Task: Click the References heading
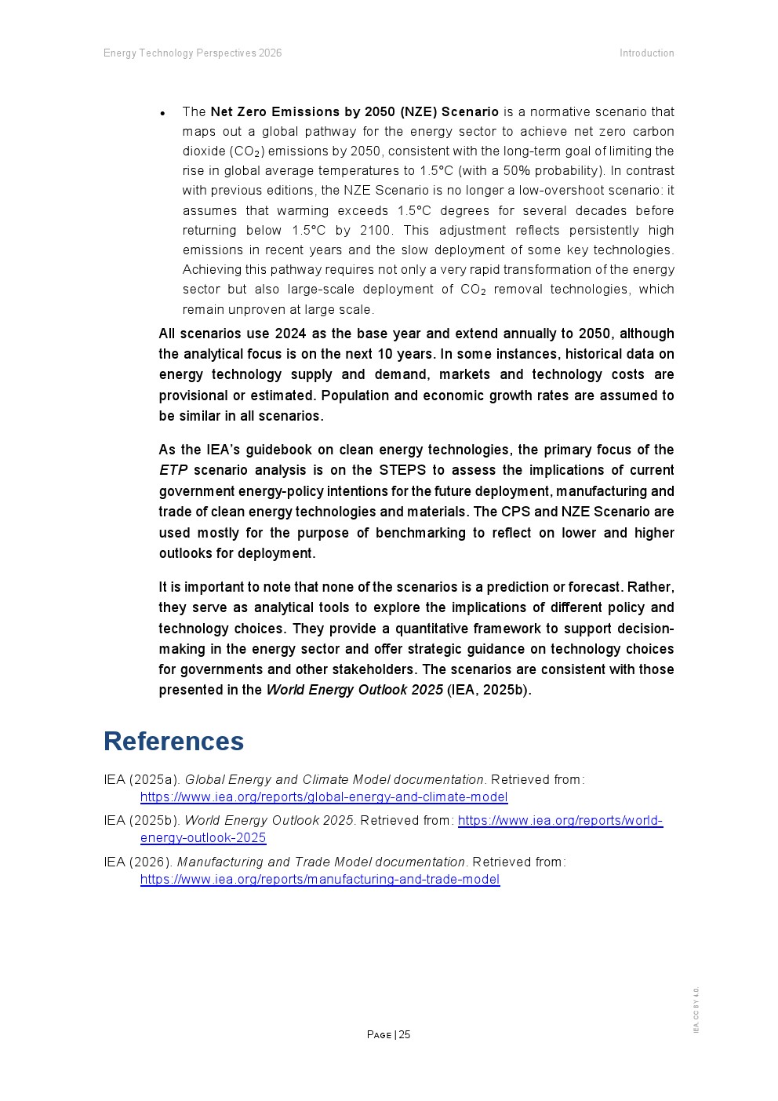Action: coord(173,742)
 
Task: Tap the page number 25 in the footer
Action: coord(405,1034)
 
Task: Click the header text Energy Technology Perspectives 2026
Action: coord(192,53)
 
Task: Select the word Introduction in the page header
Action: coord(646,53)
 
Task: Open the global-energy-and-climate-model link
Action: coord(324,797)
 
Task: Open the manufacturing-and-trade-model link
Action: coord(320,880)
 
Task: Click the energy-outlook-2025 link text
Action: coord(203,838)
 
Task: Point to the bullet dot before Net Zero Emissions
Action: coord(162,114)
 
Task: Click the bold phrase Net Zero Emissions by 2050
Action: coord(303,111)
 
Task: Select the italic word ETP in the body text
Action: coord(173,470)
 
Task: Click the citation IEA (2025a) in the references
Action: coord(142,780)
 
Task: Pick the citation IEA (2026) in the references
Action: coord(138,862)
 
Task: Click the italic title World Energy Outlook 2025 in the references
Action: coord(268,821)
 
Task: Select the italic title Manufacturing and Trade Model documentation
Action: coord(321,862)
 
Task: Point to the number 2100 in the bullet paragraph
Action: coord(375,231)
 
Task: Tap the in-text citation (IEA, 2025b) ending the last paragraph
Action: coord(489,691)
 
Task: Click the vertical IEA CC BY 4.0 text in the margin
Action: coord(696,1010)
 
